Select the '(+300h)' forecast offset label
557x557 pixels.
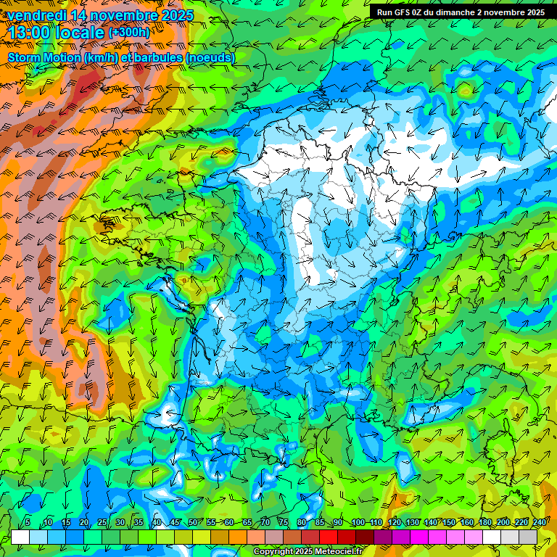point(128,33)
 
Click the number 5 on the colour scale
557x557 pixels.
point(28,522)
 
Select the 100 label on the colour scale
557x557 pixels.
point(357,522)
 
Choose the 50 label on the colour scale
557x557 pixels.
point(193,522)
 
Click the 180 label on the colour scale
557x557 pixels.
point(484,522)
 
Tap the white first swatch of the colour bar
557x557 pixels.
point(20,537)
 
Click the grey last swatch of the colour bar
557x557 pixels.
point(528,537)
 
